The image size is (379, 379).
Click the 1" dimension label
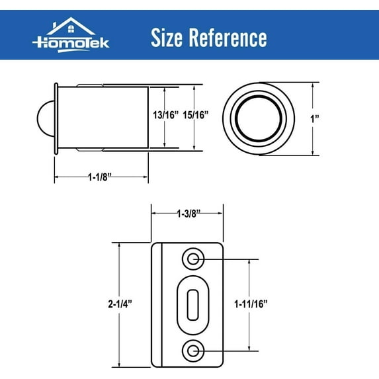(x=317, y=119)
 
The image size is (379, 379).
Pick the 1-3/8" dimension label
(x=188, y=213)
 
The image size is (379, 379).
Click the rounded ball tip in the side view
(x=43, y=117)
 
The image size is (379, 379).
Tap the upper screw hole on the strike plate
(x=193, y=258)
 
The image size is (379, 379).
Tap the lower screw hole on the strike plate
(x=193, y=351)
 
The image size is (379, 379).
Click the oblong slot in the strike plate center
(x=192, y=304)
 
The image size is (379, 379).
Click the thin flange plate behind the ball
(x=57, y=117)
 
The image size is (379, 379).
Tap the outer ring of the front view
(x=228, y=118)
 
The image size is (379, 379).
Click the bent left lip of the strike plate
(x=157, y=304)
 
